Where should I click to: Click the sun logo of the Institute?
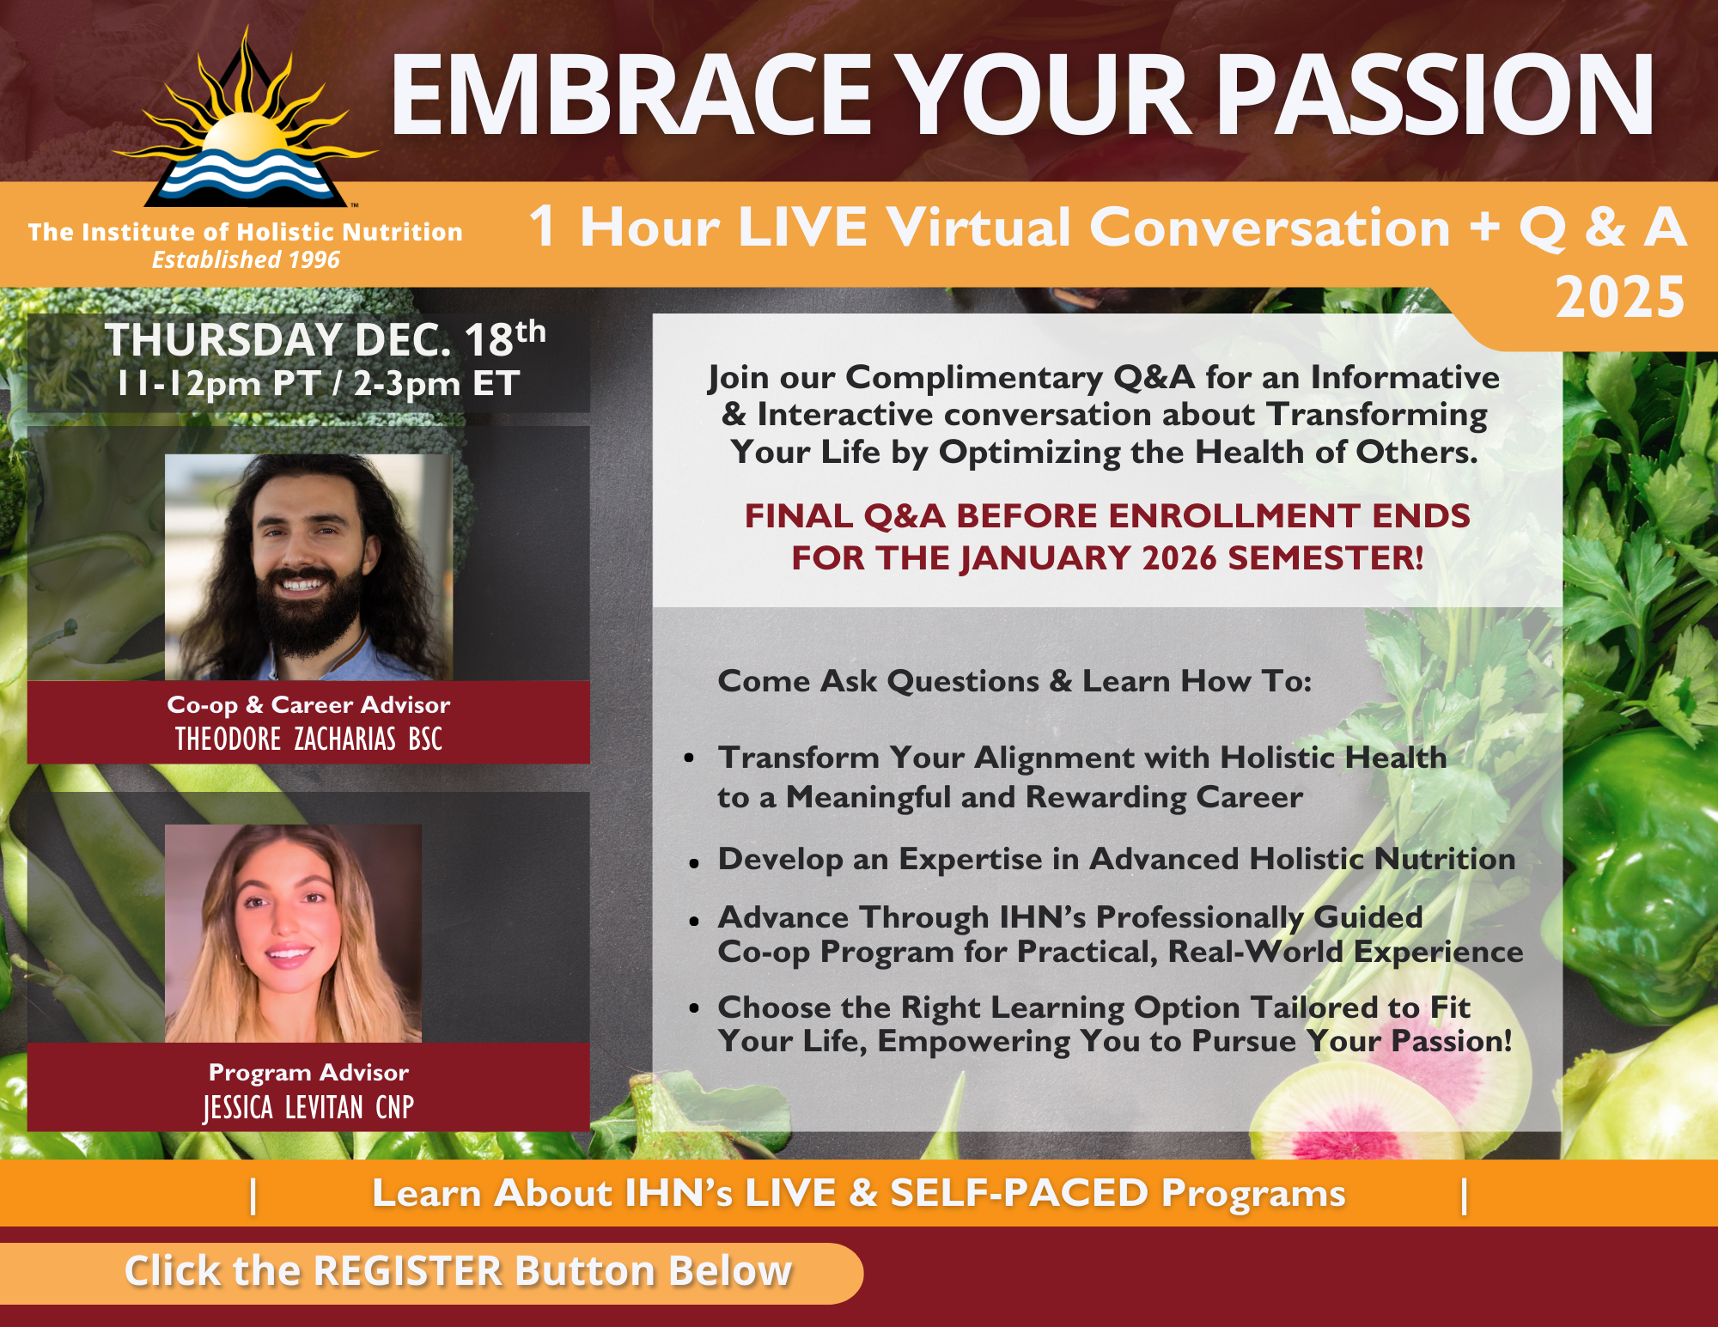(x=246, y=120)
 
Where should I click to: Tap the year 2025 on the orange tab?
(x=1620, y=297)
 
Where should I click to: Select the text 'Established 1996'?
(x=246, y=259)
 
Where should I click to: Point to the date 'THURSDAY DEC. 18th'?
(x=325, y=338)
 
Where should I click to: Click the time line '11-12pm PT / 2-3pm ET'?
(x=319, y=383)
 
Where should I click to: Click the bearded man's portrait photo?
(x=308, y=567)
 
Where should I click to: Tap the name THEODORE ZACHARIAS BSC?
(x=308, y=739)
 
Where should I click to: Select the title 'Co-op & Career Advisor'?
(x=308, y=704)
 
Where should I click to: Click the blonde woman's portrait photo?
(x=293, y=934)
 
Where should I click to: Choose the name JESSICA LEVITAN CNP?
(x=308, y=1108)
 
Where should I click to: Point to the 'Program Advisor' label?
(x=308, y=1072)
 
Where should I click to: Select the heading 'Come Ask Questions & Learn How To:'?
(x=1015, y=681)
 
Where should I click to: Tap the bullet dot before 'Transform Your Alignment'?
(x=689, y=758)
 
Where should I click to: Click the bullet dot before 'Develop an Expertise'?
(x=694, y=862)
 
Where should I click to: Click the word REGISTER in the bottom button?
(x=407, y=1271)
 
